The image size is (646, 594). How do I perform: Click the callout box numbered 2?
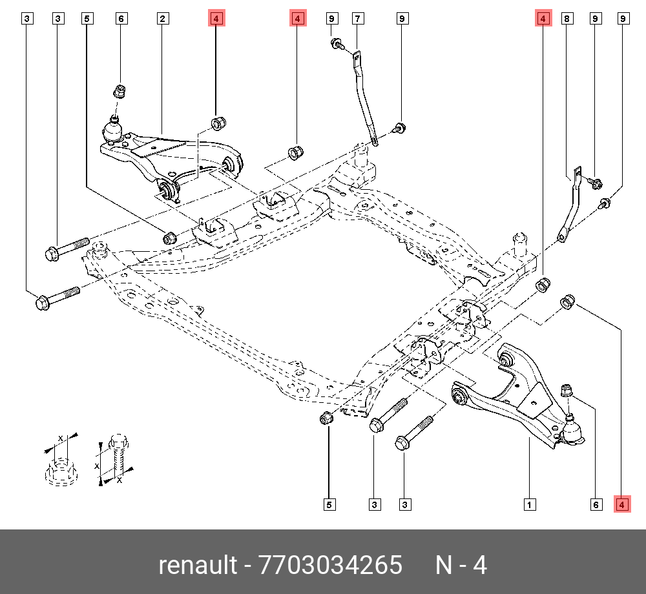tap(163, 19)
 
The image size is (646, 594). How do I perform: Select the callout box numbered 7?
tap(358, 19)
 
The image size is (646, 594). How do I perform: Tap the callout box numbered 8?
tap(567, 19)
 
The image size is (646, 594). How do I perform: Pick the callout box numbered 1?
tap(530, 505)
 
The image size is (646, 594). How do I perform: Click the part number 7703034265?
tap(330, 564)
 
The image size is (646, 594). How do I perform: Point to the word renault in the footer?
tap(198, 564)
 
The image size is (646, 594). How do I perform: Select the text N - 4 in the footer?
tap(461, 564)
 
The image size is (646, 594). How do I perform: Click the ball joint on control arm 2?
tap(113, 130)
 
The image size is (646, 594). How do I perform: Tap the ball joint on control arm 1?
tap(572, 431)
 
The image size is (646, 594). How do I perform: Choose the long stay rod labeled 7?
tap(364, 99)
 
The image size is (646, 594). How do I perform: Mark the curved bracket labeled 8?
tap(570, 205)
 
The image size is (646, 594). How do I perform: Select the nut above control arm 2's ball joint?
tap(119, 90)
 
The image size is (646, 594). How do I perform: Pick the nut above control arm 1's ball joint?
tap(567, 390)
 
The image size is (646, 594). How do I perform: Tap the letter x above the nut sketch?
tap(61, 438)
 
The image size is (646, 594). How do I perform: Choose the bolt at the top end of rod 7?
tap(337, 43)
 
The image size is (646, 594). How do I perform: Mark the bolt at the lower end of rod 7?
tap(399, 128)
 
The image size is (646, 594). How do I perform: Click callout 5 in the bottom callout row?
tap(329, 505)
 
